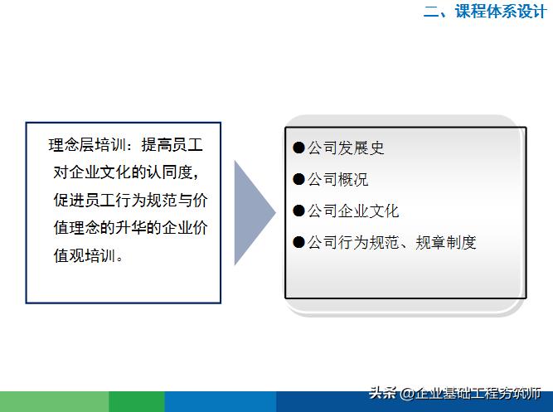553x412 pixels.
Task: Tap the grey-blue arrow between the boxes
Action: [x=252, y=213]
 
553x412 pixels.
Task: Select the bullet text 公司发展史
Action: [x=346, y=148]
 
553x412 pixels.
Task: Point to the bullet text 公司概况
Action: [x=337, y=180]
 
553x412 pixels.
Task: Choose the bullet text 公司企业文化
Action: [x=353, y=211]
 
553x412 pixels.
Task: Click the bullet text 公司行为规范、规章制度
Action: [x=392, y=243]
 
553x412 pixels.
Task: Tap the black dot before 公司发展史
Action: [x=299, y=148]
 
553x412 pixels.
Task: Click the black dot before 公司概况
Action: [x=299, y=180]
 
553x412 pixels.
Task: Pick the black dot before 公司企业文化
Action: [x=299, y=211]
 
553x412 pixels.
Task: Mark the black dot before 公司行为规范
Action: [x=299, y=243]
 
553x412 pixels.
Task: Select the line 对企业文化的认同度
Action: [x=124, y=172]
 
